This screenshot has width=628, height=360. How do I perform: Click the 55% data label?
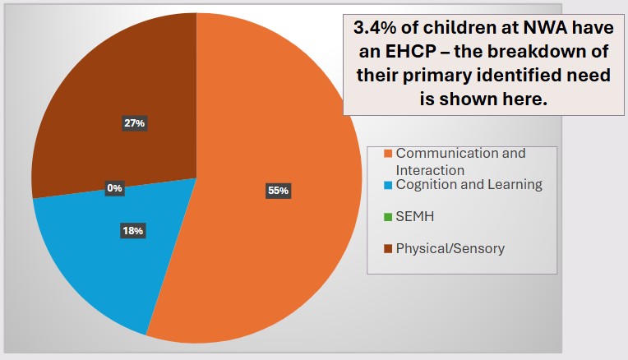[278, 191]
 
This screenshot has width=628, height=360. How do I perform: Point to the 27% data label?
[133, 123]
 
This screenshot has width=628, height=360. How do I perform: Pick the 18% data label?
[133, 232]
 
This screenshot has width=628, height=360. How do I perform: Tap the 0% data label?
[114, 188]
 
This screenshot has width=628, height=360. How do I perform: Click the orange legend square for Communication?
[387, 154]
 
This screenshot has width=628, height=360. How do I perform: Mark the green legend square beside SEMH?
[387, 217]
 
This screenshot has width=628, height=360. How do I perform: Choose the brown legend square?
[387, 247]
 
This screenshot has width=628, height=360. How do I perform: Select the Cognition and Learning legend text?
[469, 185]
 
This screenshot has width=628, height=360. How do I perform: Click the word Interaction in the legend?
[430, 169]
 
